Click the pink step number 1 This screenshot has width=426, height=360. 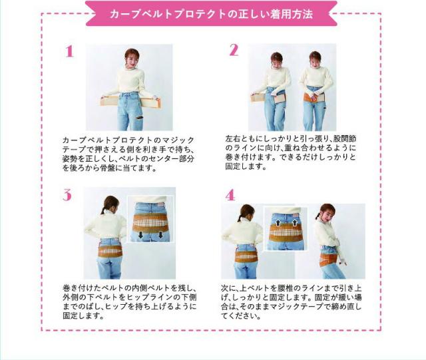[69, 51]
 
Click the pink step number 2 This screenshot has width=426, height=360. [234, 50]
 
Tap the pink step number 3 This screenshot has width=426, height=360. [67, 195]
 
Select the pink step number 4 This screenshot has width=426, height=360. [230, 195]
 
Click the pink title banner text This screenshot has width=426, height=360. [211, 14]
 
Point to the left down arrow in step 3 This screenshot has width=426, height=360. [140, 235]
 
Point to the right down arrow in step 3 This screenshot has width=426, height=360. [160, 235]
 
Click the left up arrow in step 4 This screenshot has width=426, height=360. [278, 223]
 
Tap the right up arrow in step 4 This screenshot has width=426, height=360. [295, 223]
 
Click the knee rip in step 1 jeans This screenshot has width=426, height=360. [139, 118]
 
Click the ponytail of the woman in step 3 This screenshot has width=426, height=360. [104, 209]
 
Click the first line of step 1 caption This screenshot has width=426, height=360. [128, 140]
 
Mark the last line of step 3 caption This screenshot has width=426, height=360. [83, 316]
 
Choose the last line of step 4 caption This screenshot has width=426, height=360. [240, 316]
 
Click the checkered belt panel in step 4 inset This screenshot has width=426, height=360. [286, 233]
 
